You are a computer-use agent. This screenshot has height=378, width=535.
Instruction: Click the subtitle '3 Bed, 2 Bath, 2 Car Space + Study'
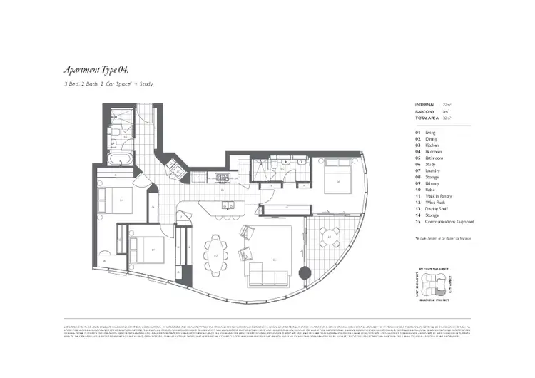pyautogui.click(x=107, y=84)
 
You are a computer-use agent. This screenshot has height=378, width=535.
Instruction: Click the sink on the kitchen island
pyautogui.click(x=230, y=206)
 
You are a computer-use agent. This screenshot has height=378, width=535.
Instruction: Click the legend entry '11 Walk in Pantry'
pyautogui.click(x=434, y=196)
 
